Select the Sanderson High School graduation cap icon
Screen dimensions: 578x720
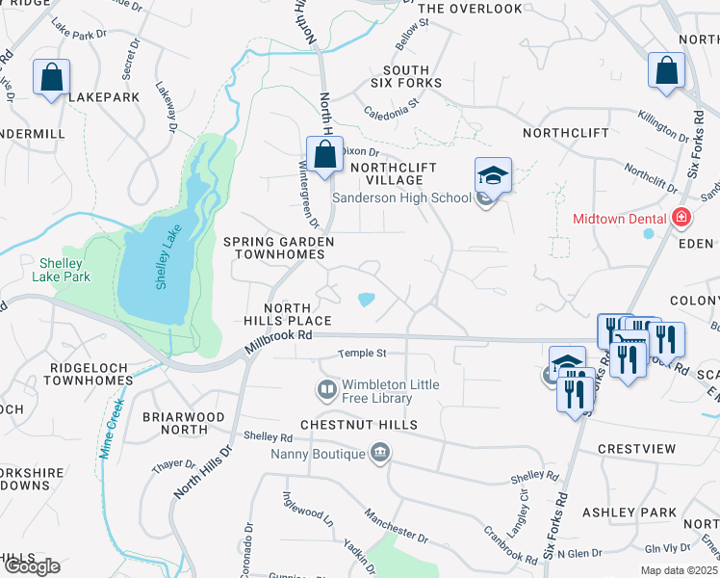pos(493,177)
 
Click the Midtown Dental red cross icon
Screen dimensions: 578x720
pos(681,219)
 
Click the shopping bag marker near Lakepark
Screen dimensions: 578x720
pos(51,76)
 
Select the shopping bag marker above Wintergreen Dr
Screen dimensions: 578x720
pos(325,153)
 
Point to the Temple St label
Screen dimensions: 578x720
pos(361,355)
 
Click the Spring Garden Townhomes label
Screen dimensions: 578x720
pos(279,249)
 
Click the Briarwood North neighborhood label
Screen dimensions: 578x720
pos(183,424)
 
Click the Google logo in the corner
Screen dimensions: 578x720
pos(31,566)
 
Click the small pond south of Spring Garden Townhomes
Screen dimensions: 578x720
pos(367,300)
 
